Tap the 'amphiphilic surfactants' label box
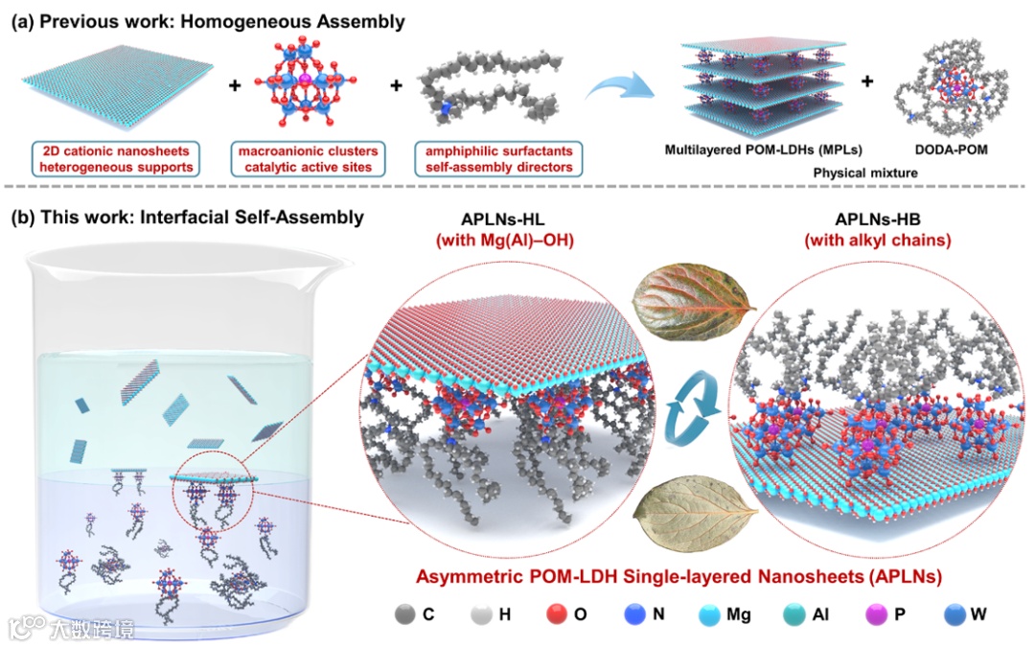[496, 159]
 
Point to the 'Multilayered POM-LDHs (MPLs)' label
[751, 150]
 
